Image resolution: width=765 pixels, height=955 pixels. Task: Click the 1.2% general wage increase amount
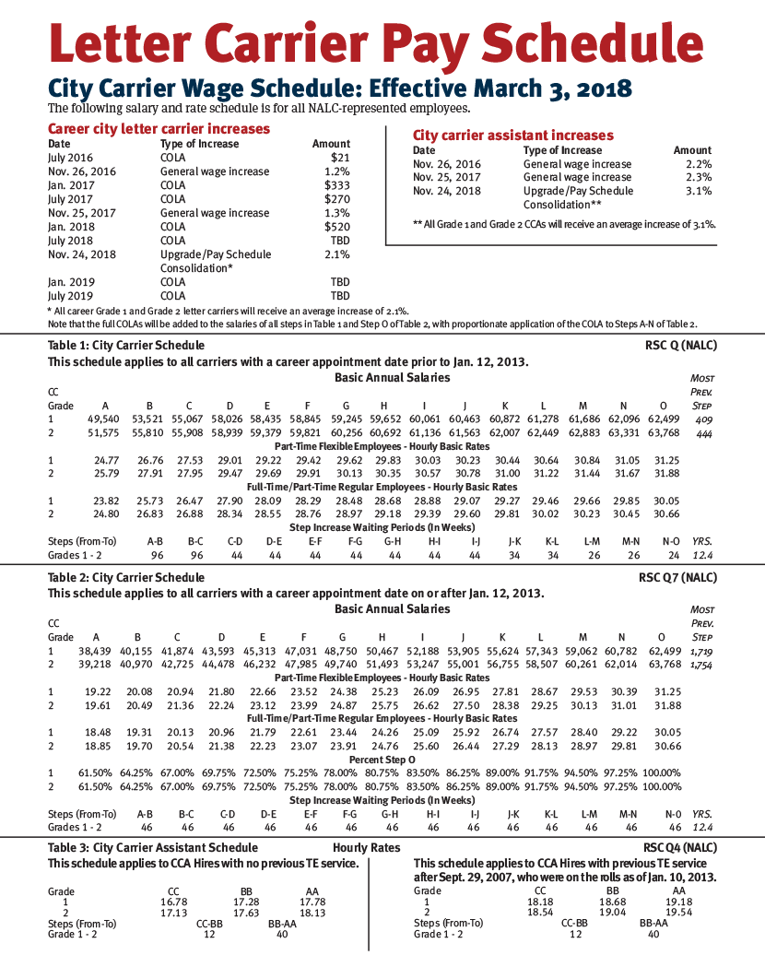pos(337,171)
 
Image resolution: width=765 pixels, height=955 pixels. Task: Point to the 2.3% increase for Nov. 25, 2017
pos(699,177)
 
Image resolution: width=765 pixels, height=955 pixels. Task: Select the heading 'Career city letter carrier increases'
pos(159,129)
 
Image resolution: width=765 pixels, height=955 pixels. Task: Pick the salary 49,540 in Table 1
pos(104,419)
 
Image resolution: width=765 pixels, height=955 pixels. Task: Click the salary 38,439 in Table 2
pos(104,651)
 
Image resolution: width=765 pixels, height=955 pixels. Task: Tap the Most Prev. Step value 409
pos(704,419)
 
